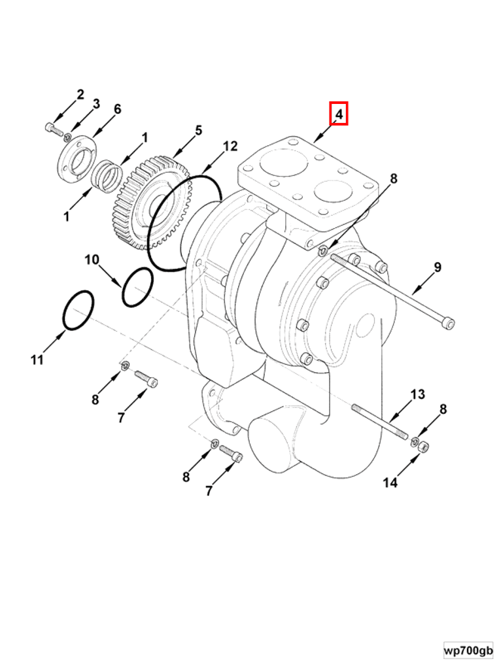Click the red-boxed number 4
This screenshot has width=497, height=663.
(339, 114)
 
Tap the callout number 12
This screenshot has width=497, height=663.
(230, 146)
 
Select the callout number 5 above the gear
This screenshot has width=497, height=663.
(198, 131)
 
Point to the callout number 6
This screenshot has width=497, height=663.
(118, 109)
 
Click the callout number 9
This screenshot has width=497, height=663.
(437, 267)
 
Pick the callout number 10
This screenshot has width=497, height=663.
(92, 260)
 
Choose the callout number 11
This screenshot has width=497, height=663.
(37, 359)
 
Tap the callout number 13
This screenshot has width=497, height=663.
(417, 394)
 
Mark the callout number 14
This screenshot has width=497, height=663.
(390, 483)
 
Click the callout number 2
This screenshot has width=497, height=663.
(80, 94)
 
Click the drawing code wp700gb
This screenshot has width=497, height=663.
(468, 651)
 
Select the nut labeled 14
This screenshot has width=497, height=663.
(423, 447)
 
